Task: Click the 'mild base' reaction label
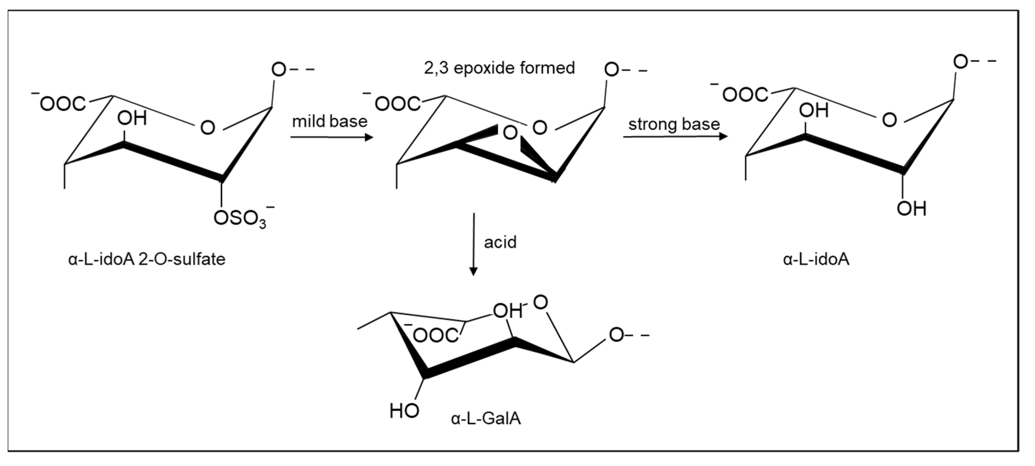click(x=329, y=121)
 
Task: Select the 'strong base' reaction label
click(x=674, y=124)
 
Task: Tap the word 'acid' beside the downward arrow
click(x=500, y=242)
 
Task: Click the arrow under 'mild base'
click(x=332, y=137)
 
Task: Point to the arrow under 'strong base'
click(x=675, y=137)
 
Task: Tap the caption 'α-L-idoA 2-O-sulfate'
click(x=147, y=259)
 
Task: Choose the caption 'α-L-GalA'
click(x=486, y=419)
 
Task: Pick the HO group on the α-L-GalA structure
click(x=404, y=411)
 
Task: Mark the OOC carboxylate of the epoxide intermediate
click(x=397, y=104)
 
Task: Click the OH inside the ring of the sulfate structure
click(x=132, y=118)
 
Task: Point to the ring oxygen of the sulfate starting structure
click(x=208, y=128)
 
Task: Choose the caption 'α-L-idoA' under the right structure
click(x=816, y=259)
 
